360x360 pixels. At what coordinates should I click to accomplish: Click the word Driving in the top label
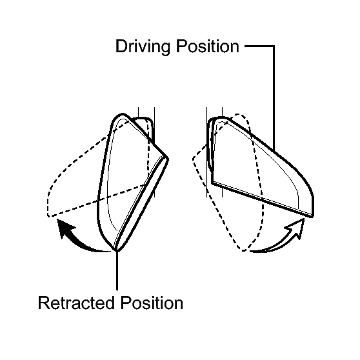pos(143,47)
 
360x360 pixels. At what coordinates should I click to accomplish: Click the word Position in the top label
pos(208,46)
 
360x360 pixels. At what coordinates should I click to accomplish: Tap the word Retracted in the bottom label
pos(76,303)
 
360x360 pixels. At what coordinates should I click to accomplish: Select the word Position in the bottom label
pos(152,303)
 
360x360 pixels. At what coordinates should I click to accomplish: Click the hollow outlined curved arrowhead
pos(295,228)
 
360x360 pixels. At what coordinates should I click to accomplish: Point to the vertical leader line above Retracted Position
pos(117,270)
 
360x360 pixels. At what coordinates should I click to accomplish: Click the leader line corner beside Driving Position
pos(274,46)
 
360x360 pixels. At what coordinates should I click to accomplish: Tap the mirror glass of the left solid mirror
pos(128,174)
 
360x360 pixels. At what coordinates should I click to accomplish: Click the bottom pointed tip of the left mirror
pos(117,250)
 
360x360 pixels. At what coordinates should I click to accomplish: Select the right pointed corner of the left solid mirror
pos(168,159)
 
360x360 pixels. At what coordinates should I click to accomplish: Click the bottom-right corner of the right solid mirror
pos(312,216)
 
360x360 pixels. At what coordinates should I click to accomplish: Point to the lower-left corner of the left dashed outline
pos(48,215)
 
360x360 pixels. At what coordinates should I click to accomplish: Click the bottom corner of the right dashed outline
pos(243,250)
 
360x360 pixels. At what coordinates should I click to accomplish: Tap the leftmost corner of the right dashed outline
pos(194,159)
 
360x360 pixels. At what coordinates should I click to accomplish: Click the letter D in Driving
pos(121,46)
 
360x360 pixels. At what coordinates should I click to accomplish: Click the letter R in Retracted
pos(44,303)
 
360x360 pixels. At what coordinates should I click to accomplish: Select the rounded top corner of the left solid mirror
pos(122,114)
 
